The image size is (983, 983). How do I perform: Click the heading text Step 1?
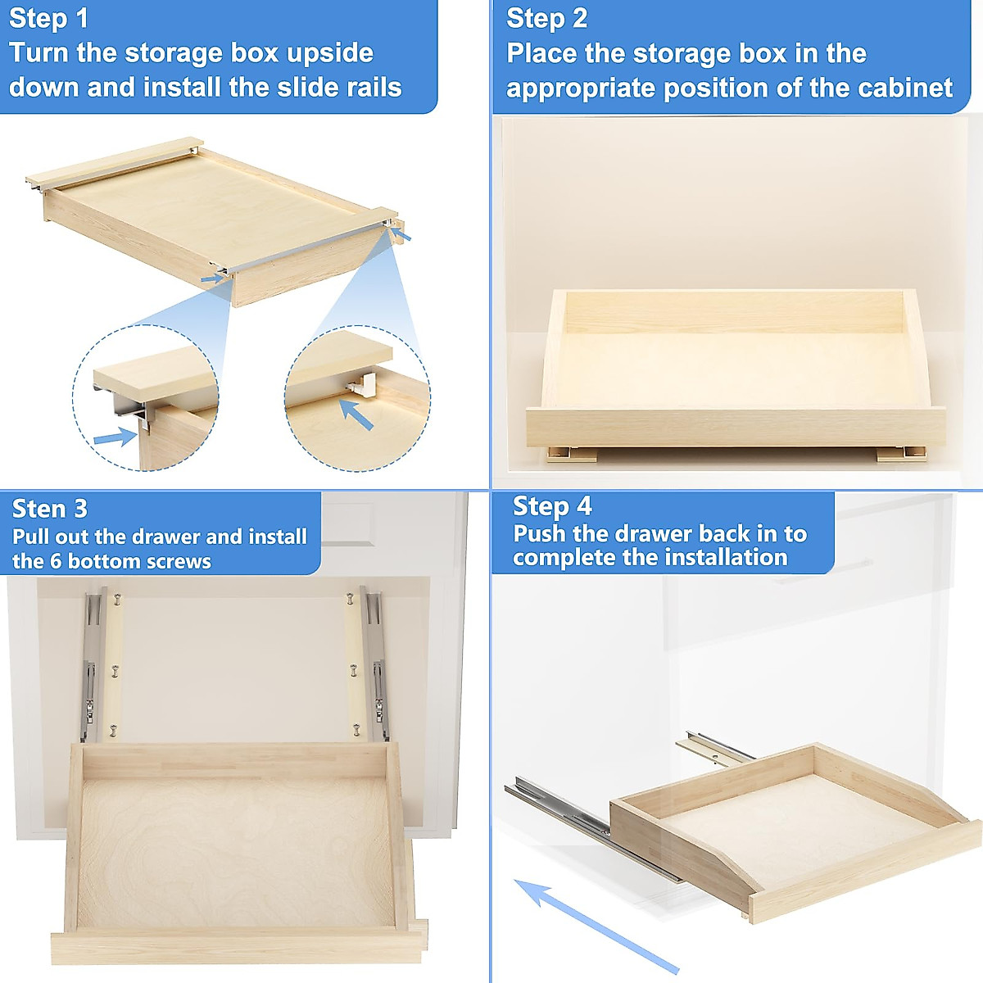pyautogui.click(x=48, y=19)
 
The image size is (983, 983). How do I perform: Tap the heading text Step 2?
pyautogui.click(x=546, y=19)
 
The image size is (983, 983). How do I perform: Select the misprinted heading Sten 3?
pyautogui.click(x=49, y=509)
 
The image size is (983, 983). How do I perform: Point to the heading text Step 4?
pyautogui.click(x=551, y=506)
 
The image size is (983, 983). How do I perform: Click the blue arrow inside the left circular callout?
pyautogui.click(x=115, y=437)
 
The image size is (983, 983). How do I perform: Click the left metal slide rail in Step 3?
pyautogui.click(x=90, y=664)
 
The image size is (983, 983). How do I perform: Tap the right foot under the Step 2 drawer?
pyautogui.click(x=901, y=453)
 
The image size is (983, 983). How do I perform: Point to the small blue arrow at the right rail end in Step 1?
pyautogui.click(x=401, y=236)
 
